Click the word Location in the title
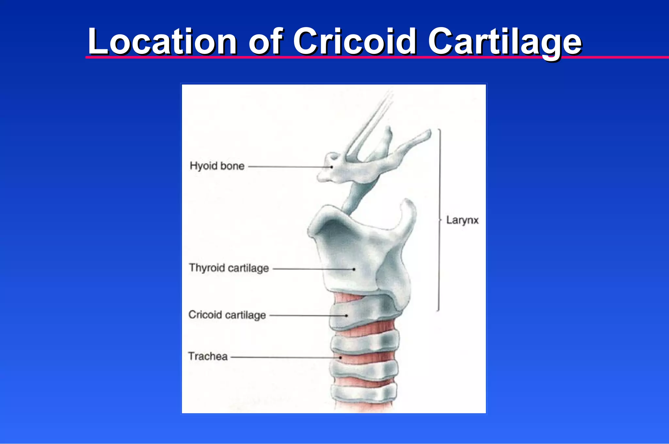[x=162, y=41]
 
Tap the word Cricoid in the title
[x=355, y=41]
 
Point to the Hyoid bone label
[x=217, y=166]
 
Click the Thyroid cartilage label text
[x=229, y=268]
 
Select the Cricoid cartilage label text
[x=227, y=315]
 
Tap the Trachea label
[x=208, y=356]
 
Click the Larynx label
[x=462, y=220]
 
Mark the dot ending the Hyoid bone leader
[x=332, y=167]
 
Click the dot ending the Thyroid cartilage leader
[x=354, y=269]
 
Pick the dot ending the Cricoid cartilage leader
[x=347, y=316]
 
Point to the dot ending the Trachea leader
[x=340, y=357]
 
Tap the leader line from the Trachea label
[x=284, y=357]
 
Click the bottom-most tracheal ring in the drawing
[x=364, y=393]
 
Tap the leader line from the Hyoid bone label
[x=289, y=167]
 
